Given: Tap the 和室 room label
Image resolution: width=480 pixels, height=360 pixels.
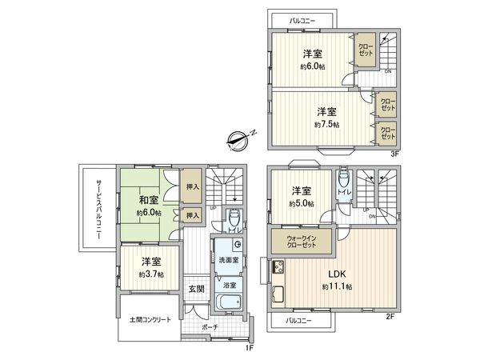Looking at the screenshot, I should [148, 201].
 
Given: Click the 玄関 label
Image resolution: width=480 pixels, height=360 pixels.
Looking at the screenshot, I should [196, 289].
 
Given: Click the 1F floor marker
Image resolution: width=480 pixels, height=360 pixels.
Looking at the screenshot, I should [250, 347].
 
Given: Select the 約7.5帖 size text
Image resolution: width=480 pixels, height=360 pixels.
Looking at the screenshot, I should [326, 125].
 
